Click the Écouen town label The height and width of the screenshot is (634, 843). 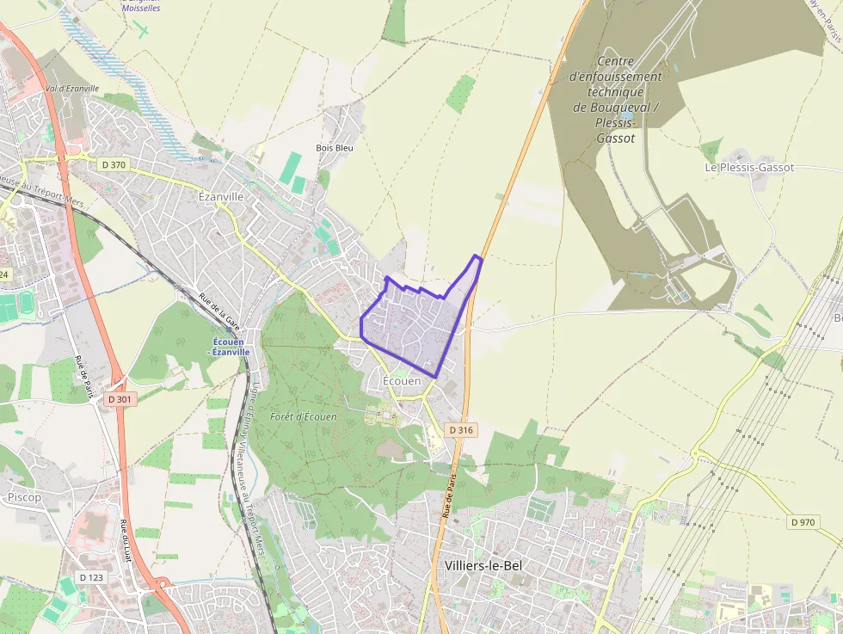point(402,380)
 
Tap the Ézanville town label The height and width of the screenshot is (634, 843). point(221,196)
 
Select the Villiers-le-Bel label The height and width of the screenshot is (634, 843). point(484,565)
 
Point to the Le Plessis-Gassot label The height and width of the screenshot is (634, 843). point(749,168)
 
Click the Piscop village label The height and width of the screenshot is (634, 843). point(24,497)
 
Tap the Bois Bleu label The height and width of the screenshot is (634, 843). point(335,147)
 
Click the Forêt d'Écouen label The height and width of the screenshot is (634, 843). point(303,417)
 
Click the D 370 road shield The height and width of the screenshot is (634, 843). point(114,163)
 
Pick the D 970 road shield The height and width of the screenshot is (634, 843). point(803,521)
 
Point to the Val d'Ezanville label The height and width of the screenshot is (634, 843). point(72,89)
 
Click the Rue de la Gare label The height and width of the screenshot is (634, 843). point(218,309)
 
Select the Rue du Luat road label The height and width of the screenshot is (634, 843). point(132,540)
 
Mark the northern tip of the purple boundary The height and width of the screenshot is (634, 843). point(477,255)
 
